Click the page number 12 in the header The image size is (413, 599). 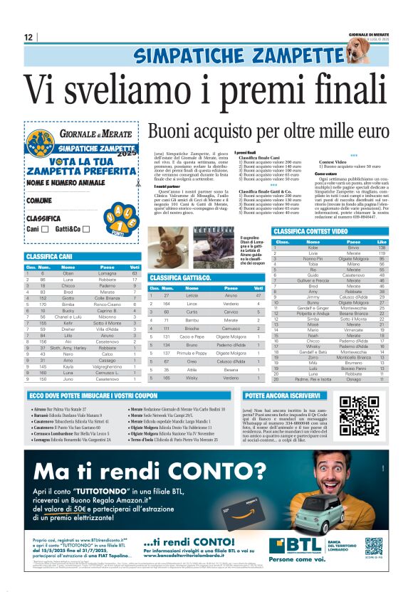(29, 37)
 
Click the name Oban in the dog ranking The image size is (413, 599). (68, 273)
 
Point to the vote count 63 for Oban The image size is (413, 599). (134, 273)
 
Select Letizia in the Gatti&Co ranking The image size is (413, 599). (192, 295)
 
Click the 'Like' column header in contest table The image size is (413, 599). (381, 241)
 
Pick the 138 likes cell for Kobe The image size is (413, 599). (382, 248)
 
